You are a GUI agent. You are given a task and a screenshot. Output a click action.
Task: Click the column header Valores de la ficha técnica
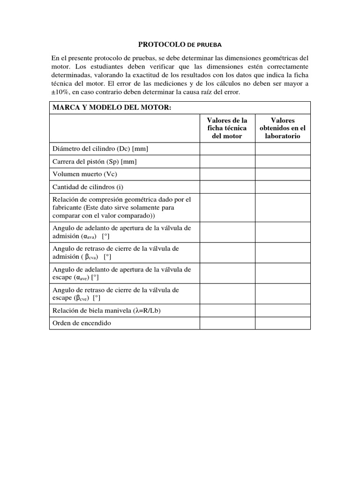(227, 128)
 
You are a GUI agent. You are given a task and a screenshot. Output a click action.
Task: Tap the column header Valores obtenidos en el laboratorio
(282, 128)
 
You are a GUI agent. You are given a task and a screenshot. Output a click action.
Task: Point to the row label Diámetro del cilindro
(100, 149)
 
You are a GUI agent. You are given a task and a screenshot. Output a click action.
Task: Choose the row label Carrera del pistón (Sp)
(95, 162)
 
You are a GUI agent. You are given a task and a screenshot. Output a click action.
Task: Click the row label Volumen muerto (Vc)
(84, 174)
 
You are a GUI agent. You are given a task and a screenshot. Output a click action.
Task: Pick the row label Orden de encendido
(82, 323)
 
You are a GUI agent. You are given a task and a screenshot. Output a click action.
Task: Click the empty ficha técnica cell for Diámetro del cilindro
(227, 149)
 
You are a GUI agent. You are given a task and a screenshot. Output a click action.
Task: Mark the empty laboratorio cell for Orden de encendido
(282, 323)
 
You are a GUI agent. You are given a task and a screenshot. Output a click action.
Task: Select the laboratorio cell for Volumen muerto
(282, 174)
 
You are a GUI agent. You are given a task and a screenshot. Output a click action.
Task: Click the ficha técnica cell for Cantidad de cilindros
(227, 187)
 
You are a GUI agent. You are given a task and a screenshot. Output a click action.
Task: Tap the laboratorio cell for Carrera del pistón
(282, 162)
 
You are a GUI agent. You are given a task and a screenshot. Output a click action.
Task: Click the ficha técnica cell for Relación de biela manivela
(227, 310)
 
